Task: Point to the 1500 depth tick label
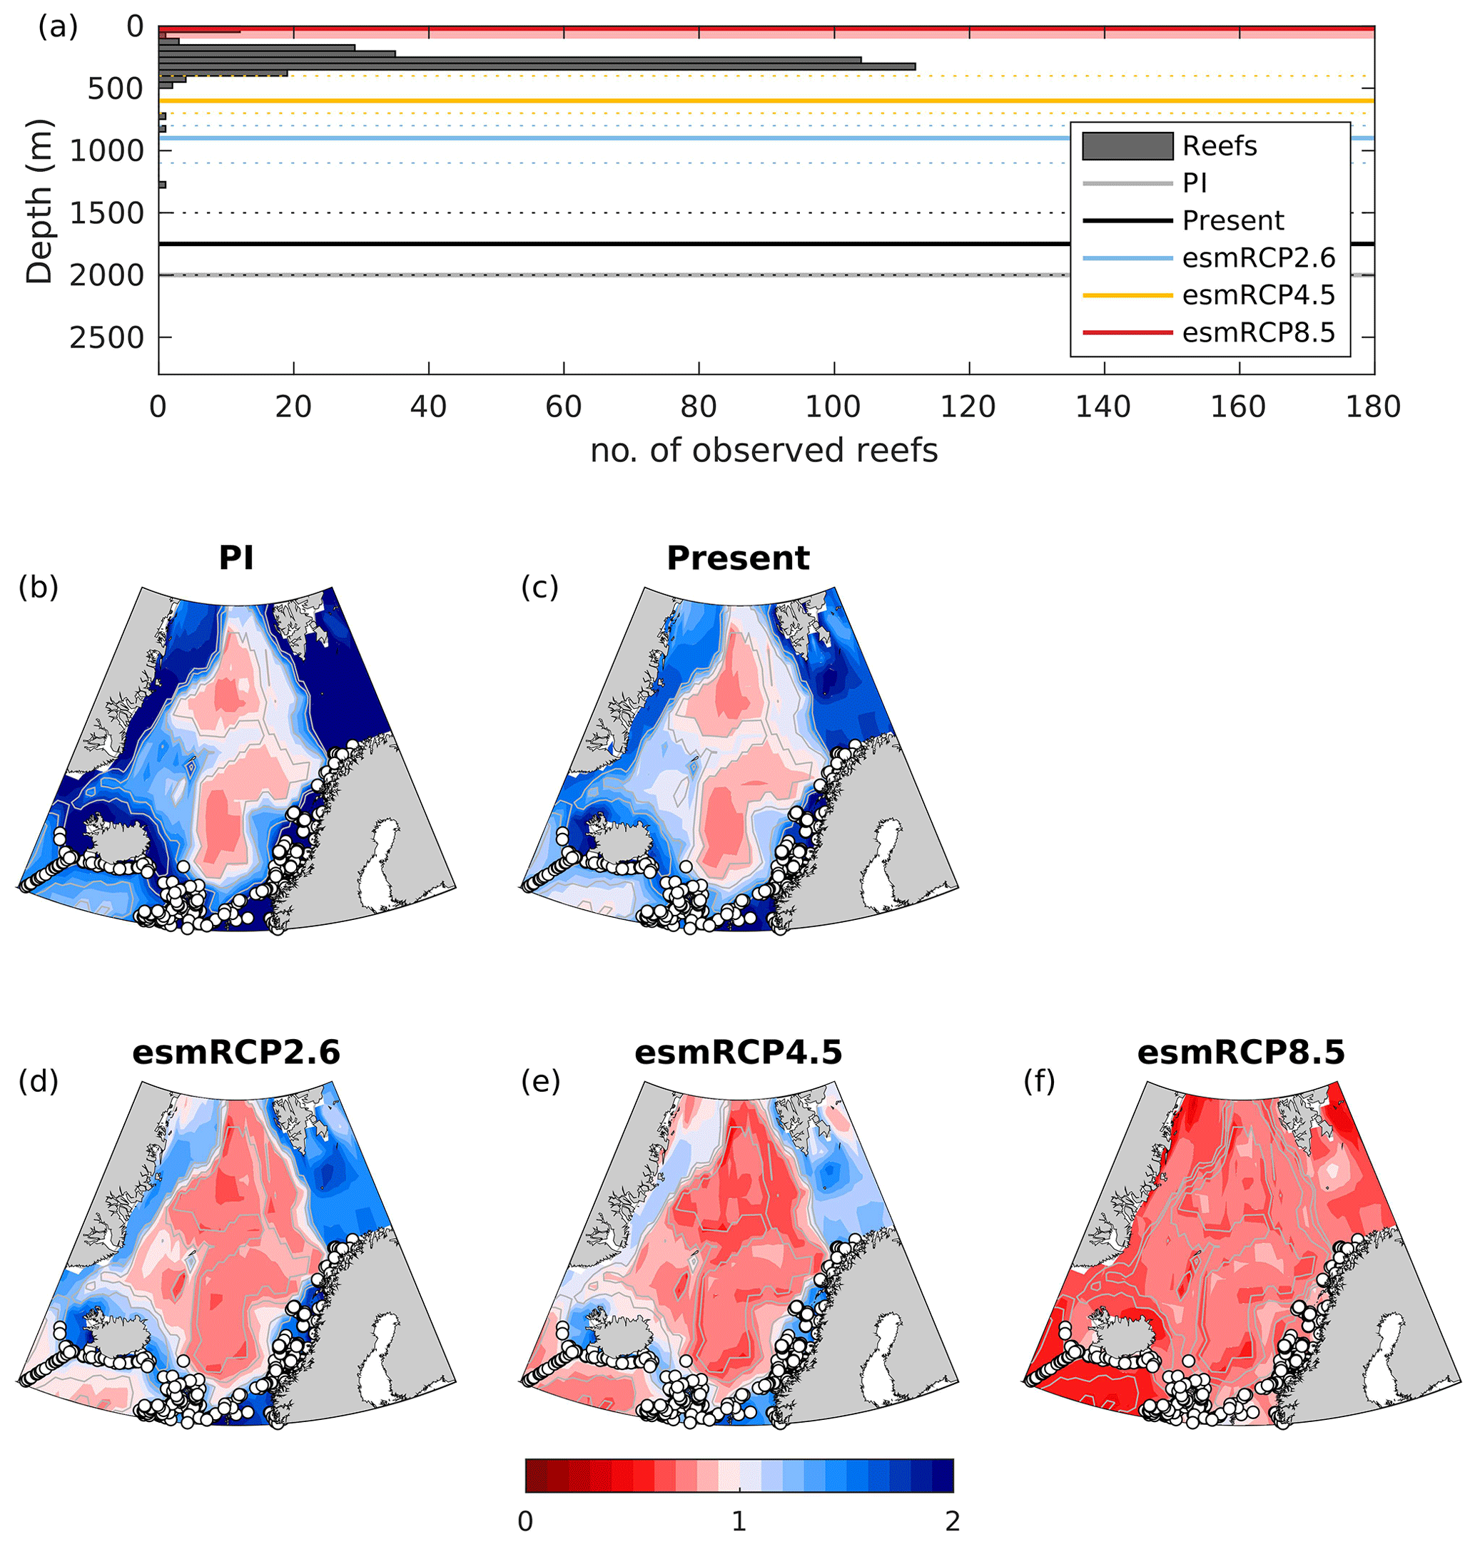(107, 213)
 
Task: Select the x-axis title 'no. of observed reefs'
(764, 451)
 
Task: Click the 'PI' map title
(236, 558)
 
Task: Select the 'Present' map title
(738, 558)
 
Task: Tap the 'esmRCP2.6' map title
(236, 1052)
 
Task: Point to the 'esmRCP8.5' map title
(1241, 1052)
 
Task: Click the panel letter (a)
(59, 28)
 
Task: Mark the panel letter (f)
(1040, 1082)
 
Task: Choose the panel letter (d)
(39, 1082)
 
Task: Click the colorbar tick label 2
(952, 1522)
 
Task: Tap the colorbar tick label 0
(525, 1522)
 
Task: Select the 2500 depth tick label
(107, 338)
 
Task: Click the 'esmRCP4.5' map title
(738, 1052)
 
